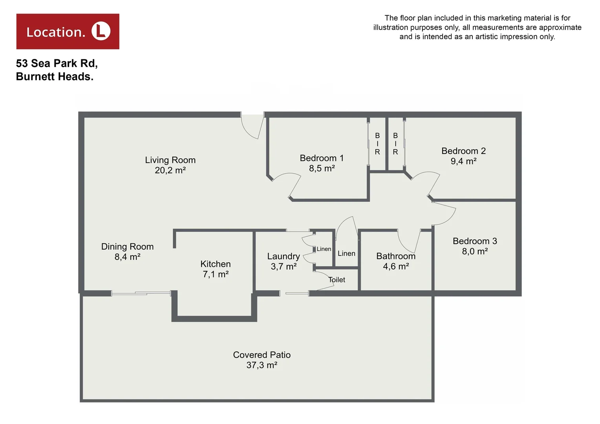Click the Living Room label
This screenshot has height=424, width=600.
[x=170, y=160]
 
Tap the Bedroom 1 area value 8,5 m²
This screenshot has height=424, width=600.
[x=322, y=168]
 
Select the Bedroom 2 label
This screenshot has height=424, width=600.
[x=463, y=151]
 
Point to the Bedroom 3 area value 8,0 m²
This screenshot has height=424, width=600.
[x=475, y=251]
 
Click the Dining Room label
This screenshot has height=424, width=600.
[x=127, y=247]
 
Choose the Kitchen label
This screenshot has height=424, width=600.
[x=216, y=264]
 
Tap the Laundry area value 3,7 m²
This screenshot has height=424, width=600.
[x=284, y=267]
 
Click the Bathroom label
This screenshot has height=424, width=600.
[x=396, y=256]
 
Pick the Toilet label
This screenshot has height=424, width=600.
[x=337, y=280]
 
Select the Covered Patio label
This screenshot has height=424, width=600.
[x=262, y=355]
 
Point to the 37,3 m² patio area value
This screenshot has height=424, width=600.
[x=262, y=365]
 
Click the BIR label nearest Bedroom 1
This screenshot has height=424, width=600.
[x=377, y=144]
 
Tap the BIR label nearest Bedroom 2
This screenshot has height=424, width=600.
[x=395, y=144]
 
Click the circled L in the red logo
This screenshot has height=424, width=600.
[x=101, y=31]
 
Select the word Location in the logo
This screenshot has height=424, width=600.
[x=56, y=32]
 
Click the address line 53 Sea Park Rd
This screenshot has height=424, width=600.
[x=57, y=63]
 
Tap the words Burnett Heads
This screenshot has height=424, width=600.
[x=55, y=77]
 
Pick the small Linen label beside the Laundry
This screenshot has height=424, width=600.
[x=324, y=249]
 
